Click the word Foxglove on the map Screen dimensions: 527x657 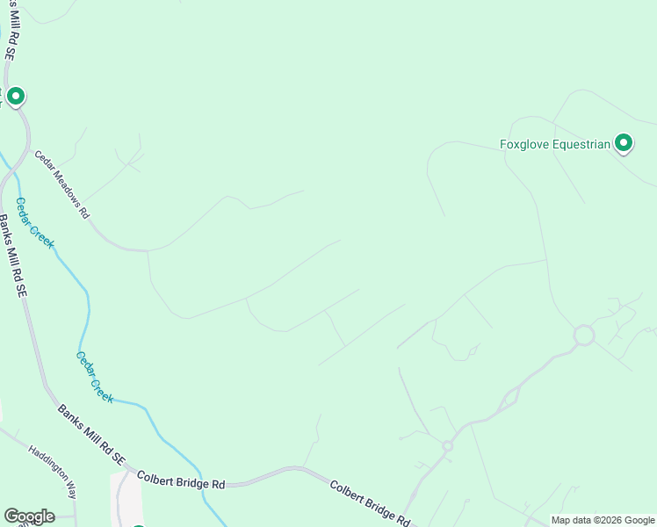pyautogui.click(x=525, y=145)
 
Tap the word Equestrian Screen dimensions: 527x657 pyautogui.click(x=581, y=145)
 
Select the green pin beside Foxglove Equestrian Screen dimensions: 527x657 pyautogui.click(x=624, y=142)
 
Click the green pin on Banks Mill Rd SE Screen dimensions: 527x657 pyautogui.click(x=15, y=96)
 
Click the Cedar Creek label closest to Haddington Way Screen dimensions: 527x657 pyautogui.click(x=94, y=378)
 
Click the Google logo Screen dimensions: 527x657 pyautogui.click(x=29, y=516)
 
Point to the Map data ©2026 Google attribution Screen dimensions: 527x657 pyautogui.click(x=603, y=520)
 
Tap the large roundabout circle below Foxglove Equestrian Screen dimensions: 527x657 pyautogui.click(x=584, y=336)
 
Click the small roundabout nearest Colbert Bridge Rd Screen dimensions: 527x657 pyautogui.click(x=447, y=446)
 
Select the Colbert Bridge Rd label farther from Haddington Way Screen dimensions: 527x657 pyautogui.click(x=369, y=502)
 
